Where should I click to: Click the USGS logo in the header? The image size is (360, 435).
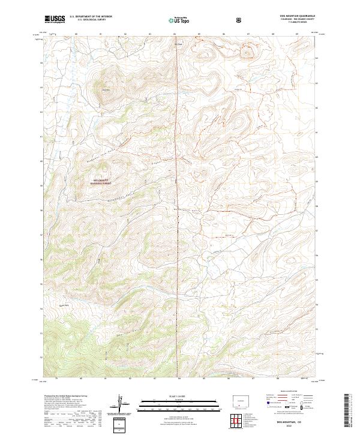tap(55, 19)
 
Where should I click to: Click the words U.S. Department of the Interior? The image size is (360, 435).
tap(91, 17)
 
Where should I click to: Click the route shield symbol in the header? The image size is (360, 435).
tap(239, 20)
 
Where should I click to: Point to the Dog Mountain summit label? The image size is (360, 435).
tap(106, 90)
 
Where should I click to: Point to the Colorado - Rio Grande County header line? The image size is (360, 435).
tap(300, 19)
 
